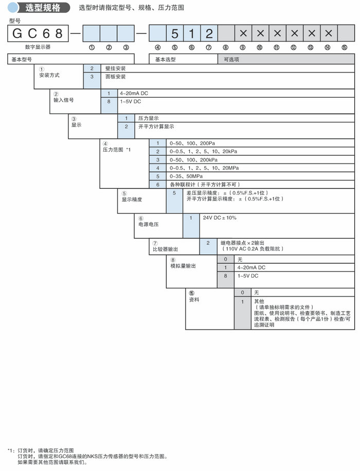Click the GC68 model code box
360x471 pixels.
[37, 34]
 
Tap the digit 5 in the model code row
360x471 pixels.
[174, 34]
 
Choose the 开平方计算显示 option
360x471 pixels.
[156, 126]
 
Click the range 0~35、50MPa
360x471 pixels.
[186, 176]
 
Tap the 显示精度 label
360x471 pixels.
[131, 199]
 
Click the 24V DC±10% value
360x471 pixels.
[220, 218]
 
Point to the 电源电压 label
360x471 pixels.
[148, 225]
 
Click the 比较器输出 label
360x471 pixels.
[165, 249]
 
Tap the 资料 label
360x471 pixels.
[194, 299]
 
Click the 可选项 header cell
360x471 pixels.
[231, 60]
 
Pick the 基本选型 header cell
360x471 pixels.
[166, 60]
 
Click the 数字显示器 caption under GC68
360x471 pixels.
[23, 47]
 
